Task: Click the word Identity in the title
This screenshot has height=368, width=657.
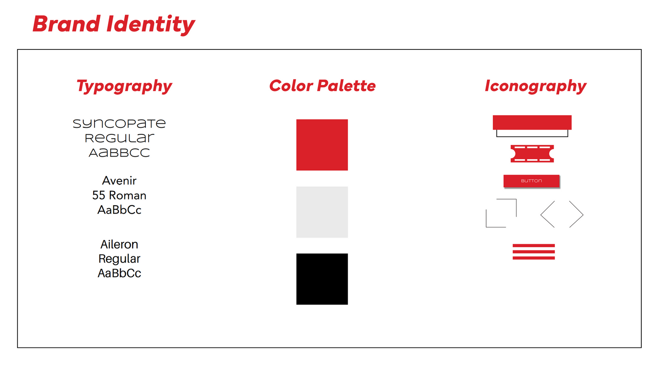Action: point(151,25)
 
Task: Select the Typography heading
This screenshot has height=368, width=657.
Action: point(124,86)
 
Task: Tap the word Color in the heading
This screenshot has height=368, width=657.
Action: point(291,86)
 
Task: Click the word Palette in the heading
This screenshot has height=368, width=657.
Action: point(346,86)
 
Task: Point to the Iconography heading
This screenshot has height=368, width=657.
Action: point(536,86)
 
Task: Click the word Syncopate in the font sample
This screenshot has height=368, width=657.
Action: point(119,124)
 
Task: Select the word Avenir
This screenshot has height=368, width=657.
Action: point(119,180)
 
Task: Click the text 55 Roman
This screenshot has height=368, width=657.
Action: point(119,195)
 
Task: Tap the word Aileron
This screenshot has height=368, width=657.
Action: point(119,244)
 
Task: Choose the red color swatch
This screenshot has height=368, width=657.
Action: point(322,145)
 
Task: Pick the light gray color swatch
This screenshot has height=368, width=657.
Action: point(322,212)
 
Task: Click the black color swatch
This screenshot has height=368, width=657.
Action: point(322,279)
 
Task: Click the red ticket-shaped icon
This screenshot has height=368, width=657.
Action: point(532,154)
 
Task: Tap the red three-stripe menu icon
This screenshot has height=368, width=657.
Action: point(533,252)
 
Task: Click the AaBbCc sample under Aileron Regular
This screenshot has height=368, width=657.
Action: point(119,273)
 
